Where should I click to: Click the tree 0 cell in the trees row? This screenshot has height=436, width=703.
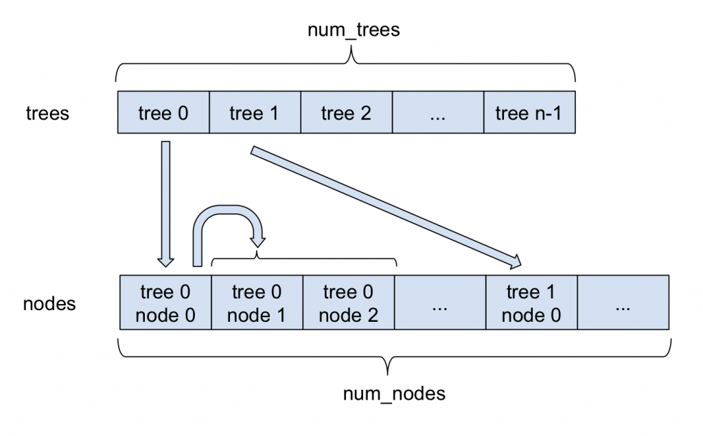163,112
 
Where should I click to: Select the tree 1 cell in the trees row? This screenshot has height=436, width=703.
255,112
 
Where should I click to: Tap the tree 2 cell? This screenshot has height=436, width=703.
346,112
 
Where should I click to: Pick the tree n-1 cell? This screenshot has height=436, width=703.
529,112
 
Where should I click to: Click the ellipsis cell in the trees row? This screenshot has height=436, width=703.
437,112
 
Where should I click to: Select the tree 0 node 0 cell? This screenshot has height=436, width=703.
165,303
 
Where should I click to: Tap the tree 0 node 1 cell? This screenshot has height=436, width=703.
257,303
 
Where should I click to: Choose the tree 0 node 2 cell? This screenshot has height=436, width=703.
348,303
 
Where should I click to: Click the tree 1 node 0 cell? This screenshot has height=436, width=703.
531,303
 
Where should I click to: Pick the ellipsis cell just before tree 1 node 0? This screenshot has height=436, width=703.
440,303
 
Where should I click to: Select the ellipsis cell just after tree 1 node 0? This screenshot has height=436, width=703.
623,303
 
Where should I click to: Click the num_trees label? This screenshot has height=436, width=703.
354,32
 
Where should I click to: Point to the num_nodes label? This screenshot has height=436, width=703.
393,394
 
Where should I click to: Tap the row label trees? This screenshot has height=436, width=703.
47,112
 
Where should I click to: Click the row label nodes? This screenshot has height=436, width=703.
49,303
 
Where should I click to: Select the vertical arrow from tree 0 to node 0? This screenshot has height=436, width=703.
165,203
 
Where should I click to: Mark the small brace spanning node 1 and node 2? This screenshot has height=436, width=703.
304,260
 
